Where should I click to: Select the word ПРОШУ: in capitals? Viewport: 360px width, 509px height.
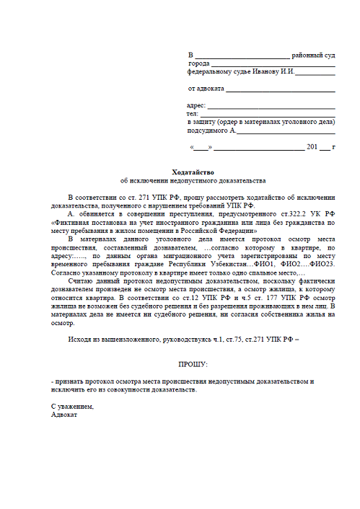point(192,364)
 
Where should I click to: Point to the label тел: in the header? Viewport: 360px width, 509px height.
point(192,114)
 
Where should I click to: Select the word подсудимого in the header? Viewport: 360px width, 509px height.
point(207,130)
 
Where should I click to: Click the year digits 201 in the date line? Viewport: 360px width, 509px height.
point(312,147)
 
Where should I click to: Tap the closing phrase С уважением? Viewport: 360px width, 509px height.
point(72,407)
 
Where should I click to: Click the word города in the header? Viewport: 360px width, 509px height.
point(198,63)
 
